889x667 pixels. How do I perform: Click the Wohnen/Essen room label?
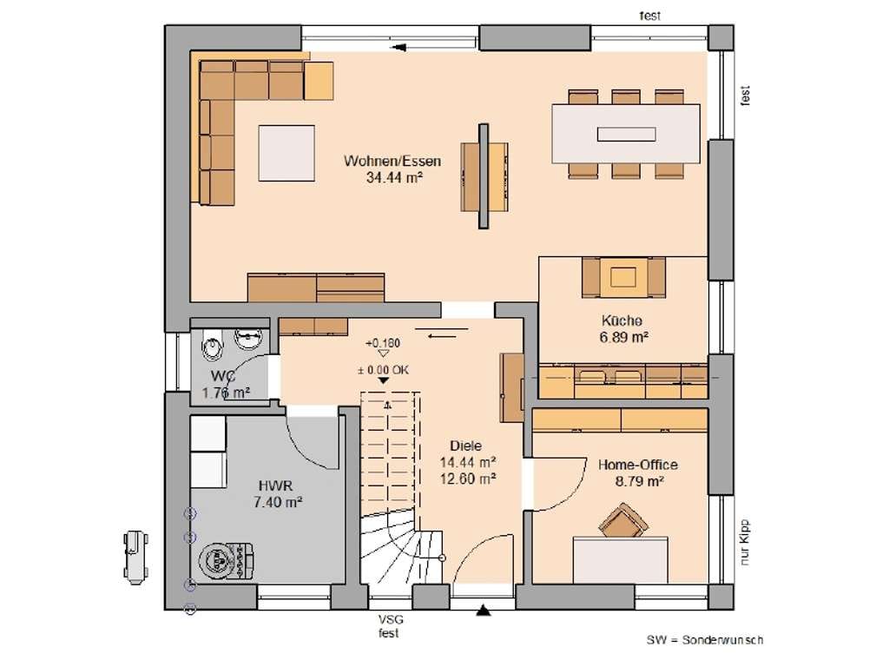point(392,161)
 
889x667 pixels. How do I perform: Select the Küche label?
point(622,320)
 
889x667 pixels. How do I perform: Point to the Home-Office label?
point(638,466)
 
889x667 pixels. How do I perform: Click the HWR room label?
point(275,486)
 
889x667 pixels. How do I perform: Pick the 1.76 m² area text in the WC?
point(227,393)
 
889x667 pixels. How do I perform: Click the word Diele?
point(465,446)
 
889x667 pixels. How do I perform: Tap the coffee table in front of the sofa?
point(286,153)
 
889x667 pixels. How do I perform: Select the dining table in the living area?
point(626,134)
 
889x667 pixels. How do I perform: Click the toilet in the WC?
point(212,346)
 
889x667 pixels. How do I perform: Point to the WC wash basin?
point(249,340)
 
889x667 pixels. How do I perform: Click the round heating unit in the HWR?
point(217,560)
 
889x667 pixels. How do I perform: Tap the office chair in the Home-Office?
point(623,521)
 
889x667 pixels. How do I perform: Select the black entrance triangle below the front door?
point(483,611)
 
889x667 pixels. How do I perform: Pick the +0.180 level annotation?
point(383,344)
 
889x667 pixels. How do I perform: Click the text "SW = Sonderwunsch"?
point(705,640)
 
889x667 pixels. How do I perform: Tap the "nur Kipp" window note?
point(745,542)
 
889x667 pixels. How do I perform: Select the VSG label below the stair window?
point(390,620)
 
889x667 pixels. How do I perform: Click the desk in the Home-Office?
point(620,560)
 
